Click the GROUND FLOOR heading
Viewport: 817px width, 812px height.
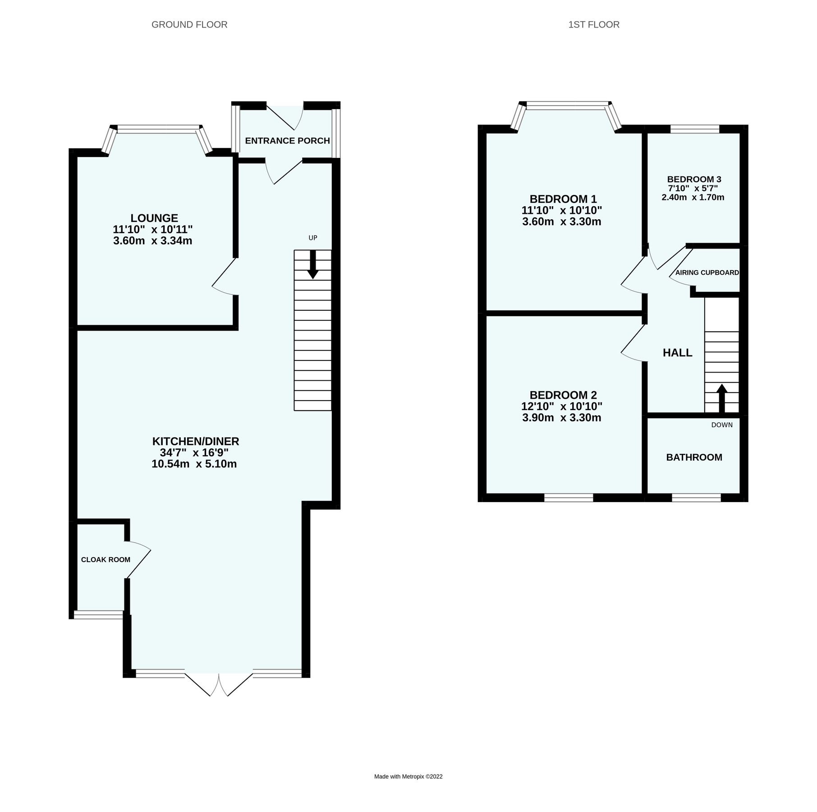point(189,25)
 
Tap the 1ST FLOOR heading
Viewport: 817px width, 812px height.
point(594,25)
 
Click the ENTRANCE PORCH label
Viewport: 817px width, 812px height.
point(287,141)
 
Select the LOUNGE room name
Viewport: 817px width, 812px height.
point(154,218)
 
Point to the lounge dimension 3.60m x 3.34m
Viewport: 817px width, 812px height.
point(152,241)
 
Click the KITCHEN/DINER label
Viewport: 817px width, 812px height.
point(195,441)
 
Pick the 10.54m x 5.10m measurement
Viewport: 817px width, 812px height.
point(194,464)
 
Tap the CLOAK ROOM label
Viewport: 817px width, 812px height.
point(106,560)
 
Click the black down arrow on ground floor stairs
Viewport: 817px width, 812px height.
point(313,266)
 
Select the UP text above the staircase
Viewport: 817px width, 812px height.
point(313,238)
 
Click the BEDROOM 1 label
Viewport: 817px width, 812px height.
point(563,199)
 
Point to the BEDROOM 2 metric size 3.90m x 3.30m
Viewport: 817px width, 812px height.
point(561,418)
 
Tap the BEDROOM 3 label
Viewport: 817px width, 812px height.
point(694,179)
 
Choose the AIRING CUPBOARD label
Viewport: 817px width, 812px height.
point(707,272)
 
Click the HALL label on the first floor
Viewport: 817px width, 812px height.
point(677,353)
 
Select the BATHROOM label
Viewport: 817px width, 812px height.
point(694,457)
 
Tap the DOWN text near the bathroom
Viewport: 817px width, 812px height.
point(722,425)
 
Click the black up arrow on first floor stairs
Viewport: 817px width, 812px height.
point(722,397)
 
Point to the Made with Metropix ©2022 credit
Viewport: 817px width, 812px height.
point(408,777)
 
